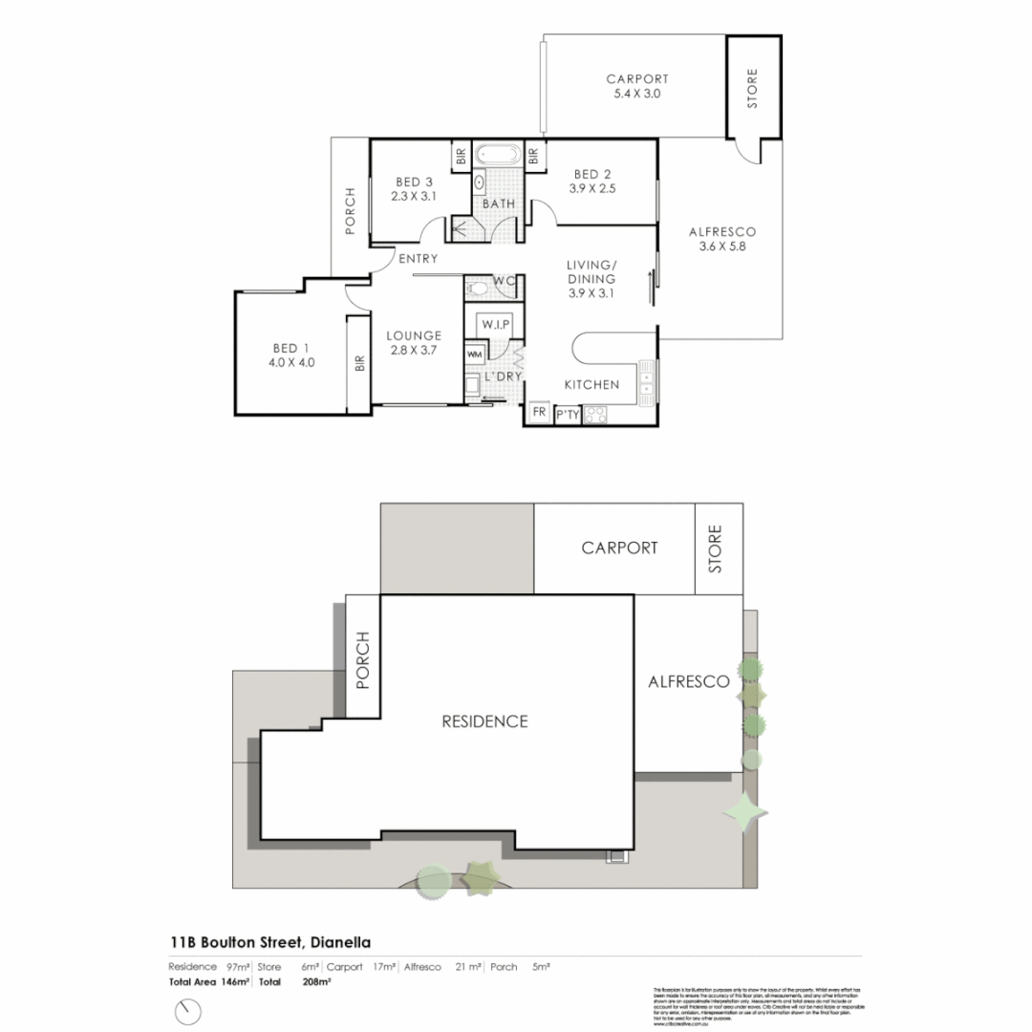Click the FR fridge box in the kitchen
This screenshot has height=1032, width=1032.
pyautogui.click(x=538, y=414)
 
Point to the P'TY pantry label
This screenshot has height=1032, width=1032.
pyautogui.click(x=568, y=415)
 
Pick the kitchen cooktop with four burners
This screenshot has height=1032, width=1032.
pyautogui.click(x=596, y=415)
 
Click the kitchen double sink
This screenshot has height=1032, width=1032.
pyautogui.click(x=647, y=378)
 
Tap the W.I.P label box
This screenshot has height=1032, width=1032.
pyautogui.click(x=495, y=324)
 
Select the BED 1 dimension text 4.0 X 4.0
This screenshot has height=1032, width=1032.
pyautogui.click(x=291, y=362)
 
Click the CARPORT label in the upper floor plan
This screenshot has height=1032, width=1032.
pyautogui.click(x=636, y=79)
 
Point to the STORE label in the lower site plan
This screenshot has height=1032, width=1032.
pyautogui.click(x=718, y=548)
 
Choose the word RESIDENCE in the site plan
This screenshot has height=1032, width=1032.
pyautogui.click(x=484, y=721)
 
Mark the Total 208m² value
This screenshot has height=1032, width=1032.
pyautogui.click(x=315, y=981)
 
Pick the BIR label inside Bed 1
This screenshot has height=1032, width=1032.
pyautogui.click(x=359, y=363)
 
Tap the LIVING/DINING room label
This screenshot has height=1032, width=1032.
pyautogui.click(x=591, y=271)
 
